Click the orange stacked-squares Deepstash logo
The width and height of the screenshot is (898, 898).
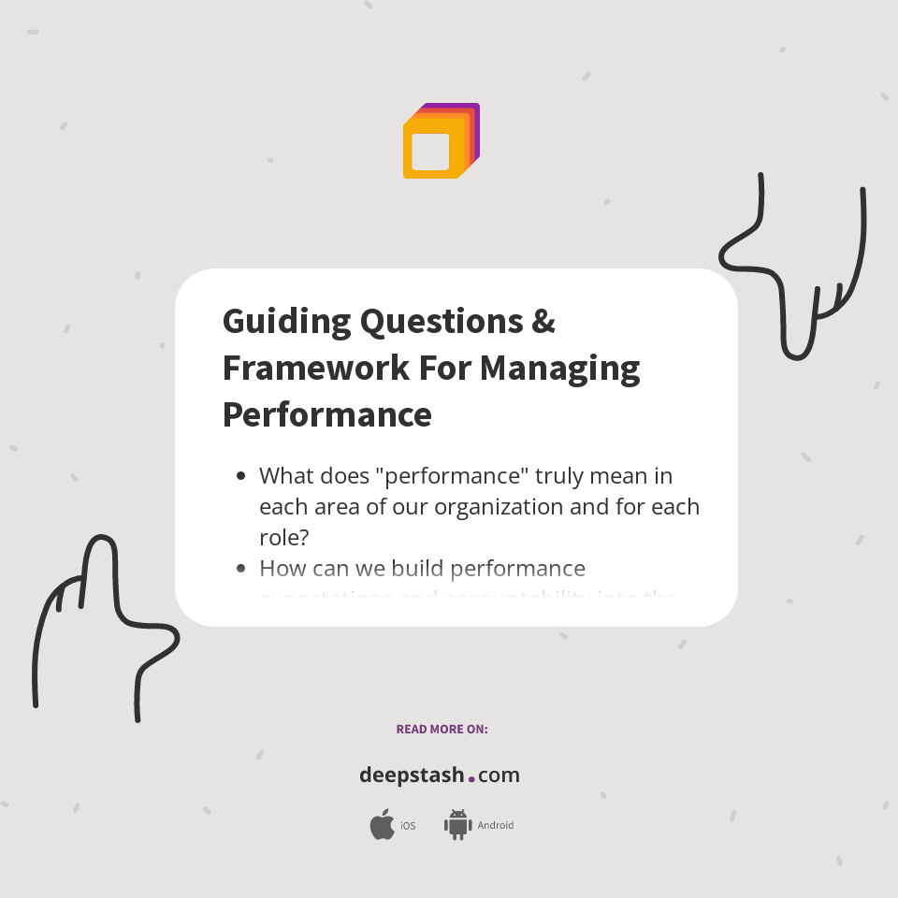(440, 142)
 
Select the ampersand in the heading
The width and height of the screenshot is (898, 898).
(543, 322)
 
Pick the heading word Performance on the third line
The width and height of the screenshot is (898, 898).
(326, 414)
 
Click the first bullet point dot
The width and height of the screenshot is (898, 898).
(241, 476)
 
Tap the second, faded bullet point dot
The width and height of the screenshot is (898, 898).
(241, 568)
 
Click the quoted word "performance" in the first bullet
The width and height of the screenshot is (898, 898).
(451, 476)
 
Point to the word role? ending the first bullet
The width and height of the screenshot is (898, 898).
(283, 538)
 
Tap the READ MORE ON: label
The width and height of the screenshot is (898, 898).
(442, 729)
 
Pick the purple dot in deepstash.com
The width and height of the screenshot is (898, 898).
(471, 778)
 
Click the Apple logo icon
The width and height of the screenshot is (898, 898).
(382, 825)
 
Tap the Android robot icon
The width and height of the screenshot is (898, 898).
(457, 824)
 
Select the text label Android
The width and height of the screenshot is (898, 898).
(495, 826)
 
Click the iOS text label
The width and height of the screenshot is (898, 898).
(408, 826)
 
